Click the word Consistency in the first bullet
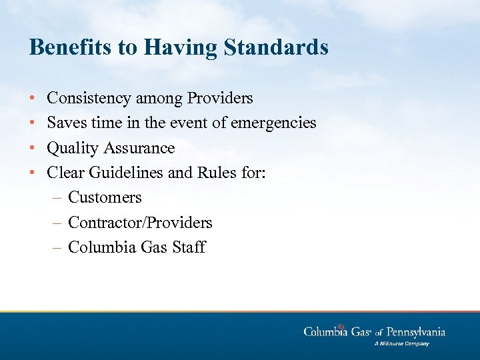pyautogui.click(x=89, y=99)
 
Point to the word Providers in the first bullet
pyautogui.click(x=220, y=99)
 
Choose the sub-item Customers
pyautogui.click(x=105, y=197)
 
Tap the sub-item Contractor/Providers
pyautogui.click(x=140, y=222)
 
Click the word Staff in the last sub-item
pyautogui.click(x=189, y=247)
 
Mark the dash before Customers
pyautogui.click(x=57, y=197)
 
